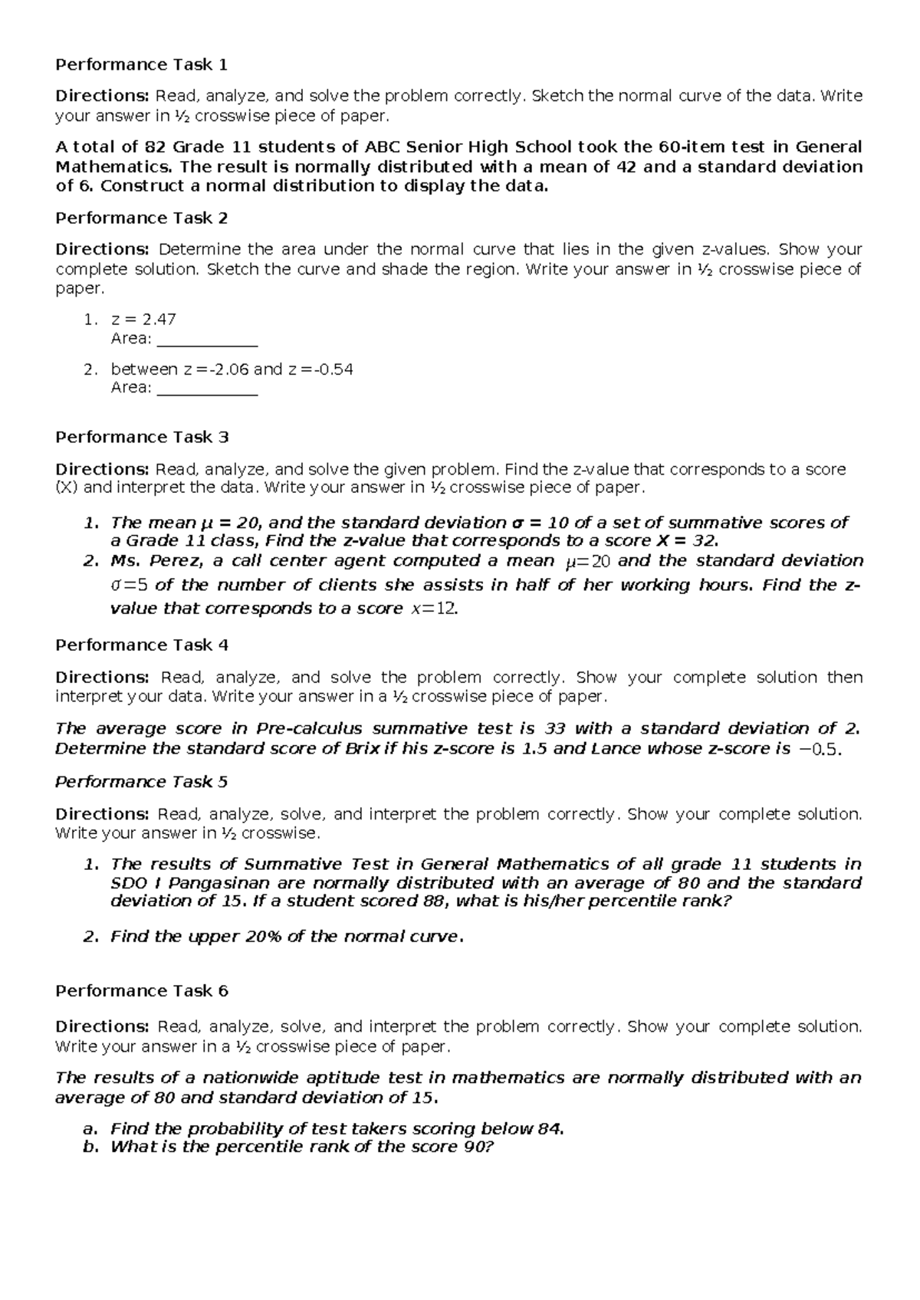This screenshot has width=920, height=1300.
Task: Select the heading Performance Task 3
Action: [142, 437]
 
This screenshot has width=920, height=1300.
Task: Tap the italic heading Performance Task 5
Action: [142, 782]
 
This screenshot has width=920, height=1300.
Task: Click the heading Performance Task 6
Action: [142, 990]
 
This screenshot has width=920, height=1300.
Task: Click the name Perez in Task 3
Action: [176, 560]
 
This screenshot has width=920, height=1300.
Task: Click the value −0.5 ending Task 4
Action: [820, 749]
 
